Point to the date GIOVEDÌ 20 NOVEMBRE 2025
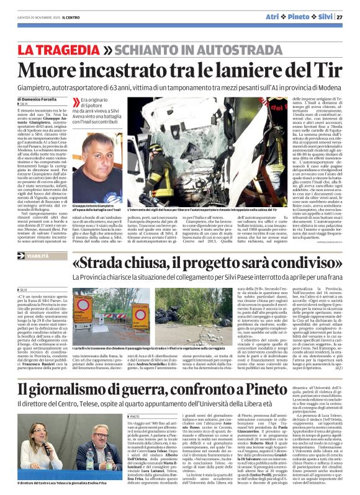point(41,17)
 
